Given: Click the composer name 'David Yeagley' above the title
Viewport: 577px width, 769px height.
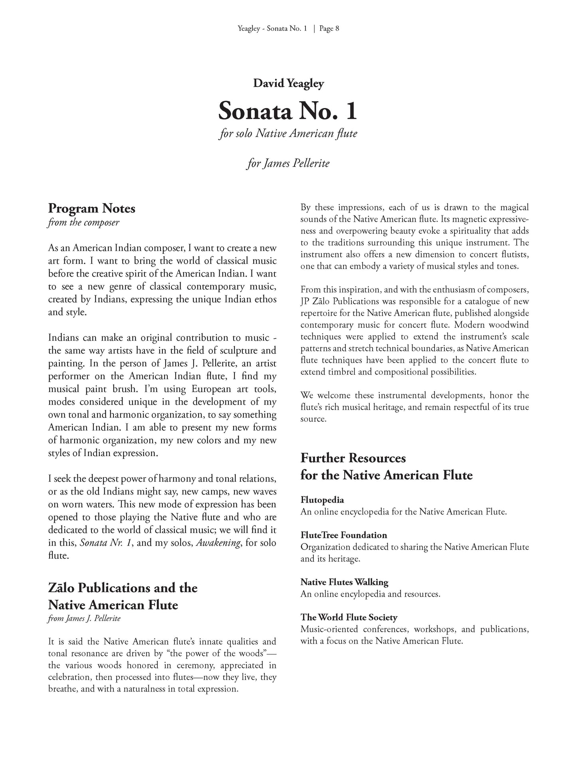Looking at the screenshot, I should click(x=288, y=83).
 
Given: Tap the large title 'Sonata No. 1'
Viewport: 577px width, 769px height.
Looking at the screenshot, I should click(x=288, y=111).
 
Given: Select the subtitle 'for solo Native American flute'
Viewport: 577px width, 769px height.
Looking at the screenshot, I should click(x=288, y=133).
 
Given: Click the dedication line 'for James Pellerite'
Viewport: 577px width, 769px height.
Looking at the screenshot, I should click(x=288, y=163).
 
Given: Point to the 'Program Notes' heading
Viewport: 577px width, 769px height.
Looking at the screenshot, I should click(x=91, y=208).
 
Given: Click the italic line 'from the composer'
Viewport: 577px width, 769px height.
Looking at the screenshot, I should click(x=83, y=222).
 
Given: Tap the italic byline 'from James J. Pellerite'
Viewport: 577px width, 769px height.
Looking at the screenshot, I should click(x=84, y=619).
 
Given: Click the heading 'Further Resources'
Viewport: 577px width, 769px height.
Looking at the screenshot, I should click(x=353, y=458).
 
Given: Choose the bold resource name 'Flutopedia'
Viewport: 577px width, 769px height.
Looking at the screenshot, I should click(x=322, y=500).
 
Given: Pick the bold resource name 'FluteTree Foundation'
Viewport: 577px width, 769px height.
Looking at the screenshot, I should click(x=343, y=535).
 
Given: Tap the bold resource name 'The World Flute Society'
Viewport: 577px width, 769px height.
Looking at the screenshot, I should click(x=349, y=617).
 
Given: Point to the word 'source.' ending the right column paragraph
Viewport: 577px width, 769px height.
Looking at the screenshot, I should click(x=313, y=419).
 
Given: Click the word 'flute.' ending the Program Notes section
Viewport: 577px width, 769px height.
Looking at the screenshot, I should click(x=58, y=555).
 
